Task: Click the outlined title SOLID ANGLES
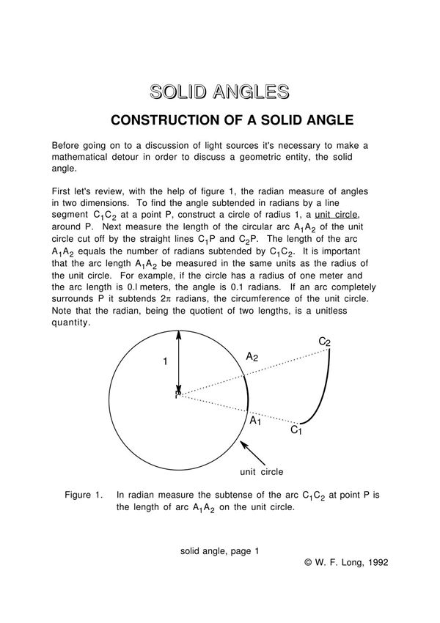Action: [x=219, y=92]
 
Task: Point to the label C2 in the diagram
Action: [x=324, y=342]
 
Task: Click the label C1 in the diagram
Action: [x=296, y=430]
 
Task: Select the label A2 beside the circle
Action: [x=252, y=357]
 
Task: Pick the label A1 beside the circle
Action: [x=255, y=421]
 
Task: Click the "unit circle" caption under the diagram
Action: [x=262, y=471]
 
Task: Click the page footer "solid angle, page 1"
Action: [x=220, y=550]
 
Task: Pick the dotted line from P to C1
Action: [x=235, y=410]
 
